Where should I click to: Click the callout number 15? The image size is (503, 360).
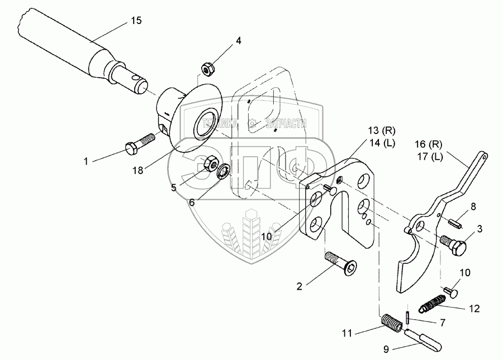point(136,20)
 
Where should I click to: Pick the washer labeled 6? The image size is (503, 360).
point(223,169)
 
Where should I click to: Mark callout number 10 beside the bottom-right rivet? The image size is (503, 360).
point(464,272)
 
